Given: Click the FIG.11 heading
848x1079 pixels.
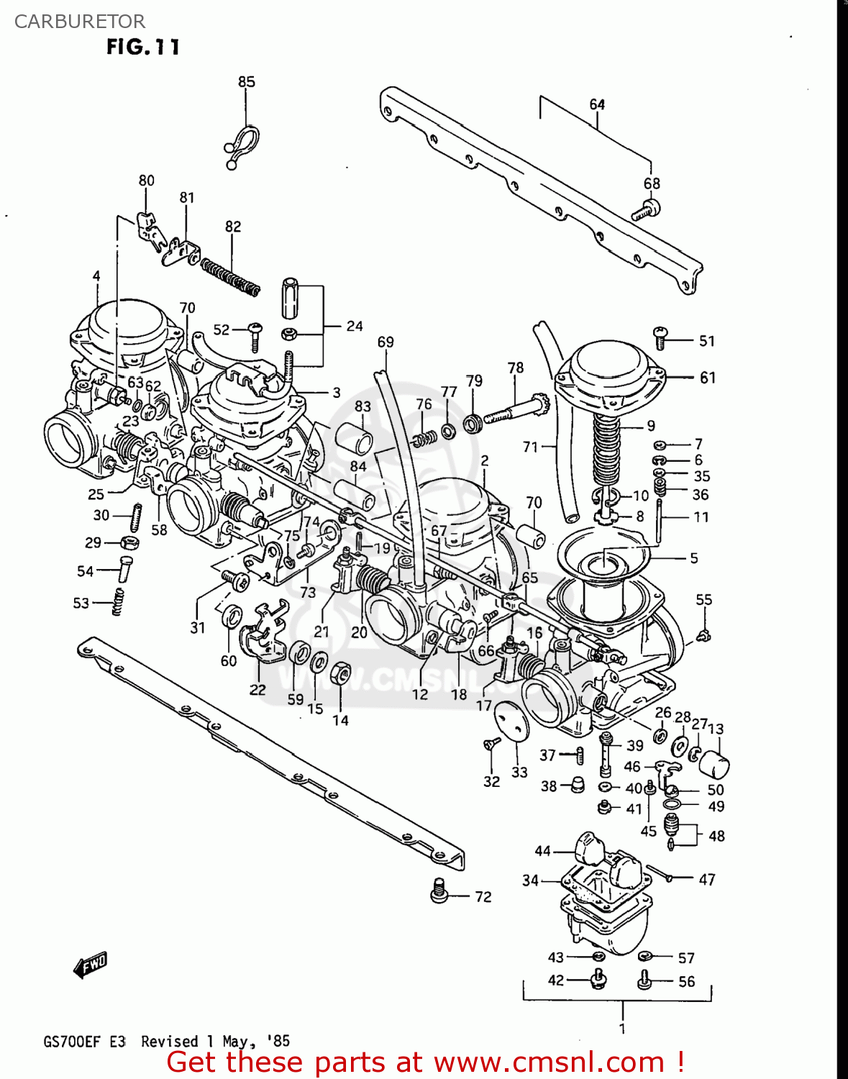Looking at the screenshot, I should [142, 47].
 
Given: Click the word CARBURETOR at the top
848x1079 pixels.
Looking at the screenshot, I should [79, 22].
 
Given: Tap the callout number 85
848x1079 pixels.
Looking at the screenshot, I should [246, 82].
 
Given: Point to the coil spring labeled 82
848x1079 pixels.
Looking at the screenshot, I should [230, 278].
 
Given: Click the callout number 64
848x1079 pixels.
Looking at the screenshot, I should [597, 105].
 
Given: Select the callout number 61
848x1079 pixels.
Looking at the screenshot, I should [707, 378].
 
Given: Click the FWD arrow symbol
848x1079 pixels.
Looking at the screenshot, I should [91, 965].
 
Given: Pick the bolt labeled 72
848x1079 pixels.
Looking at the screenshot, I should [439, 891].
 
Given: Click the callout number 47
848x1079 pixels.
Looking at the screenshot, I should [706, 879].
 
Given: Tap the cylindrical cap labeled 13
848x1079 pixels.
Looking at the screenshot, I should [713, 764].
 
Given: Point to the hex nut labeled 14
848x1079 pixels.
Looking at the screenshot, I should [340, 674].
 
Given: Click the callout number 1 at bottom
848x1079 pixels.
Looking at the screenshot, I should [621, 1028].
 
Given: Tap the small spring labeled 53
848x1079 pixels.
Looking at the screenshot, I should [118, 601].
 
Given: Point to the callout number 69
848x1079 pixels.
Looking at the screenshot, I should [386, 342].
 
